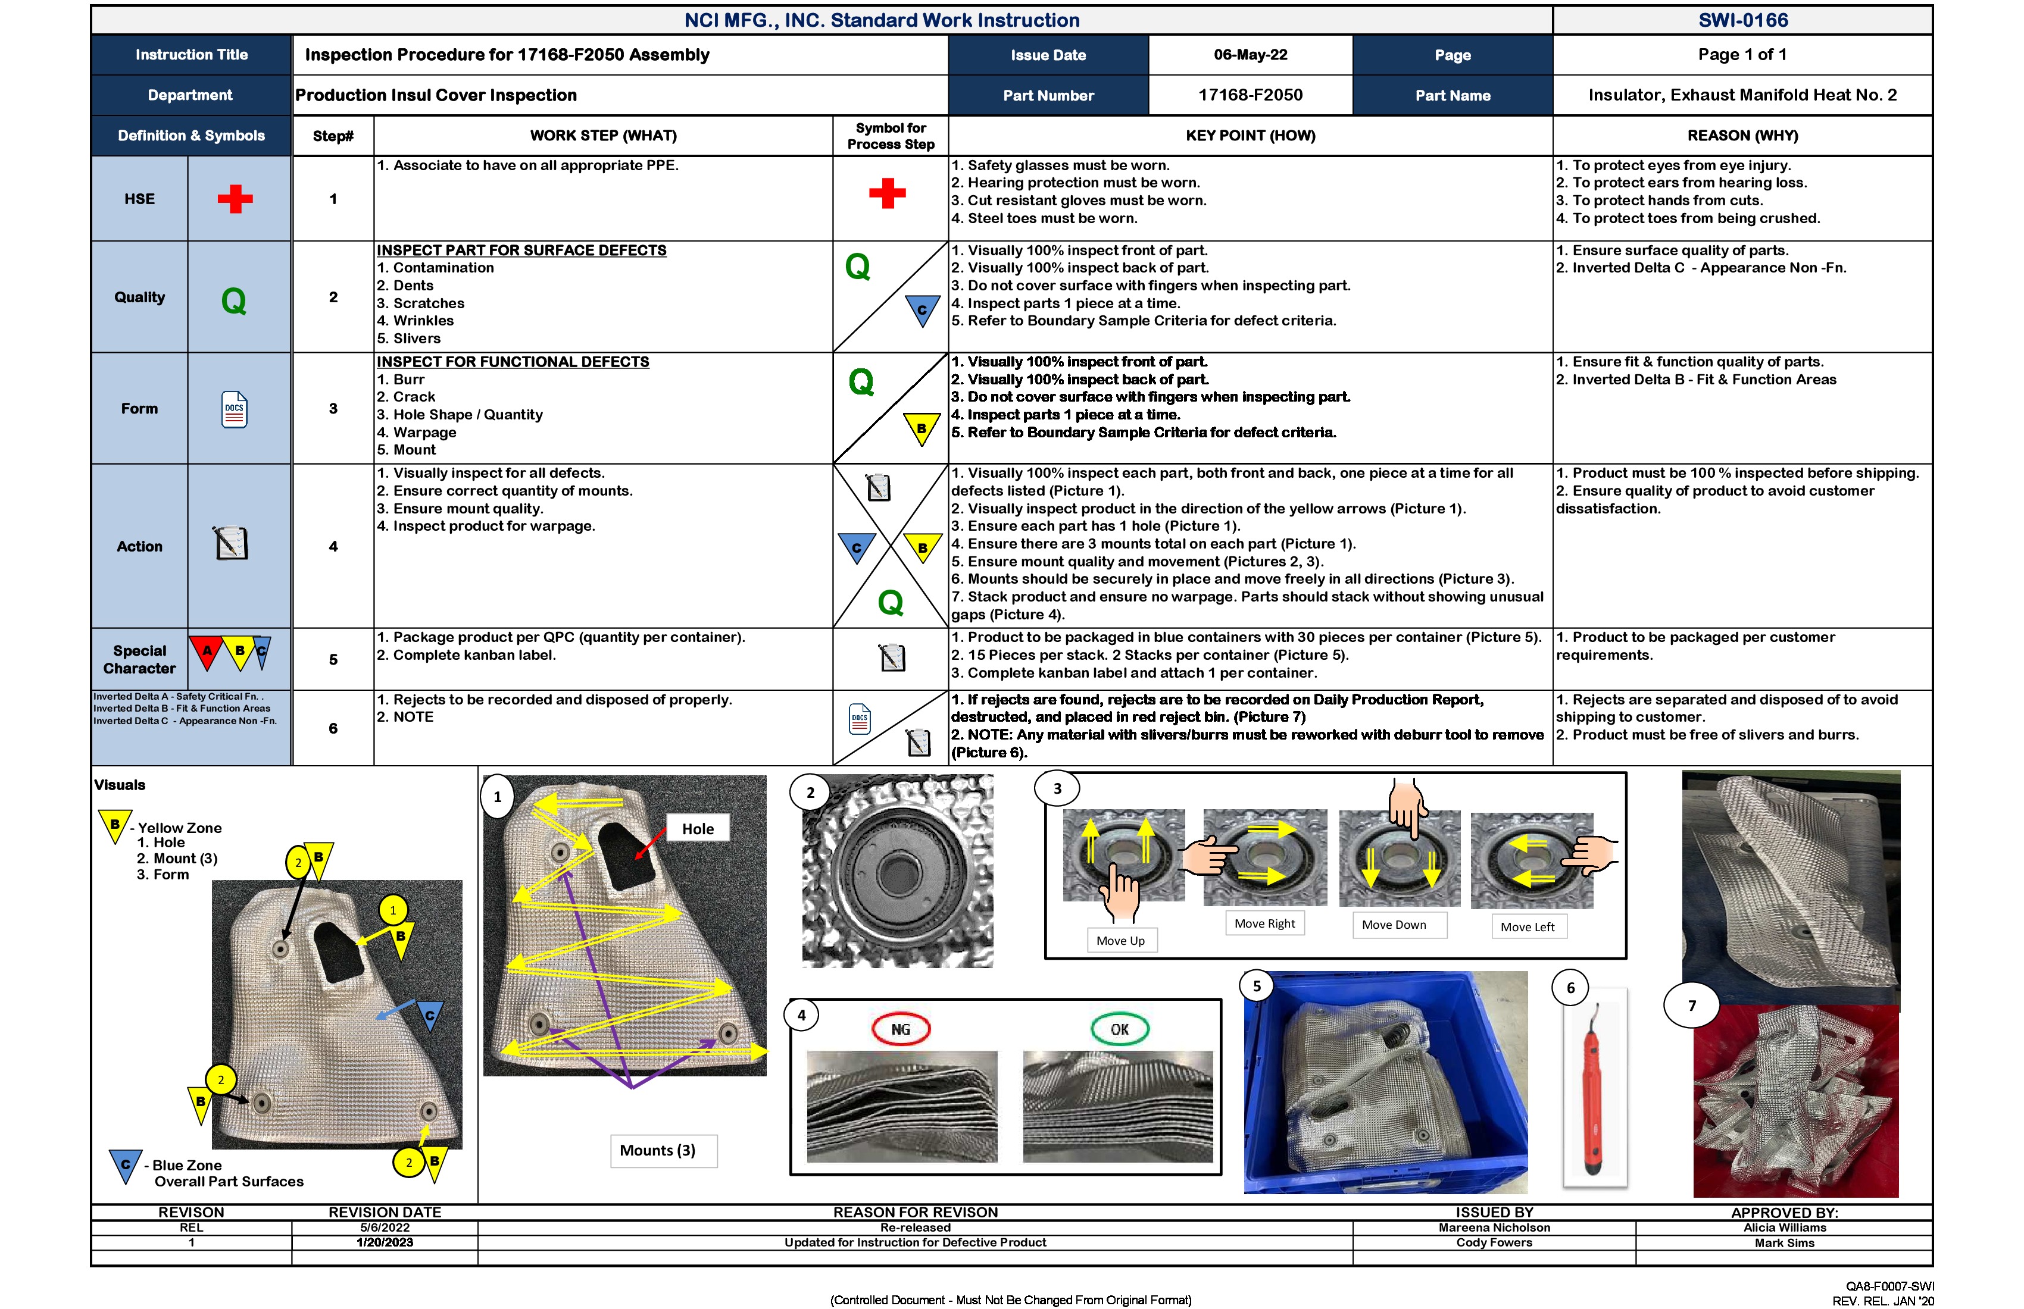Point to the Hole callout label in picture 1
pos(697,829)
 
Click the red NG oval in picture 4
pos(901,1029)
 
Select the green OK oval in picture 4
pos(1119,1029)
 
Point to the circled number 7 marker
pos(1691,1006)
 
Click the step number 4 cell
pos(333,547)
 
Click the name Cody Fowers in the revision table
pos(1494,1243)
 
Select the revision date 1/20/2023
pos(385,1243)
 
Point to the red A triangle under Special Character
pos(207,651)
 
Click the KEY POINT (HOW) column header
pos(1250,136)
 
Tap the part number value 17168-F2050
pos(1250,95)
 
